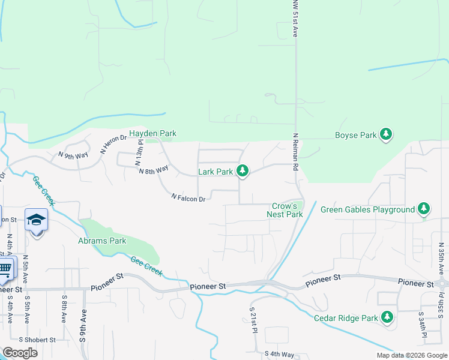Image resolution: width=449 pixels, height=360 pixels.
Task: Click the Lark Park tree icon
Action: tap(243, 172)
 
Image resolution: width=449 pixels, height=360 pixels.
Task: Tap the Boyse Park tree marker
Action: tap(387, 135)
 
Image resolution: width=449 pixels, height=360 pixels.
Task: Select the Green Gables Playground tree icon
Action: tap(424, 209)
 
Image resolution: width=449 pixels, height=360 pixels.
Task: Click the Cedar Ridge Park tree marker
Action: tap(387, 317)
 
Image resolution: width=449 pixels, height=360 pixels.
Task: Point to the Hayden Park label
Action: tap(152, 133)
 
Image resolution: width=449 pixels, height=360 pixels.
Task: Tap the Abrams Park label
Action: tap(102, 241)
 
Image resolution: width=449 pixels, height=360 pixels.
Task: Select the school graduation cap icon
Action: tap(37, 221)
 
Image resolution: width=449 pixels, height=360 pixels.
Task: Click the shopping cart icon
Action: tap(5, 268)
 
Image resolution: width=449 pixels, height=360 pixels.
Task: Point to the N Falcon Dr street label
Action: tap(188, 197)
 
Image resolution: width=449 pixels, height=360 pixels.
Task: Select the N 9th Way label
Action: tap(73, 155)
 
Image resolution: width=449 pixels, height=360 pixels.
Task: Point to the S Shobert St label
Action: tap(37, 340)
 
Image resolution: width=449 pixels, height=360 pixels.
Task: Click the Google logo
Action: tap(20, 353)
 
